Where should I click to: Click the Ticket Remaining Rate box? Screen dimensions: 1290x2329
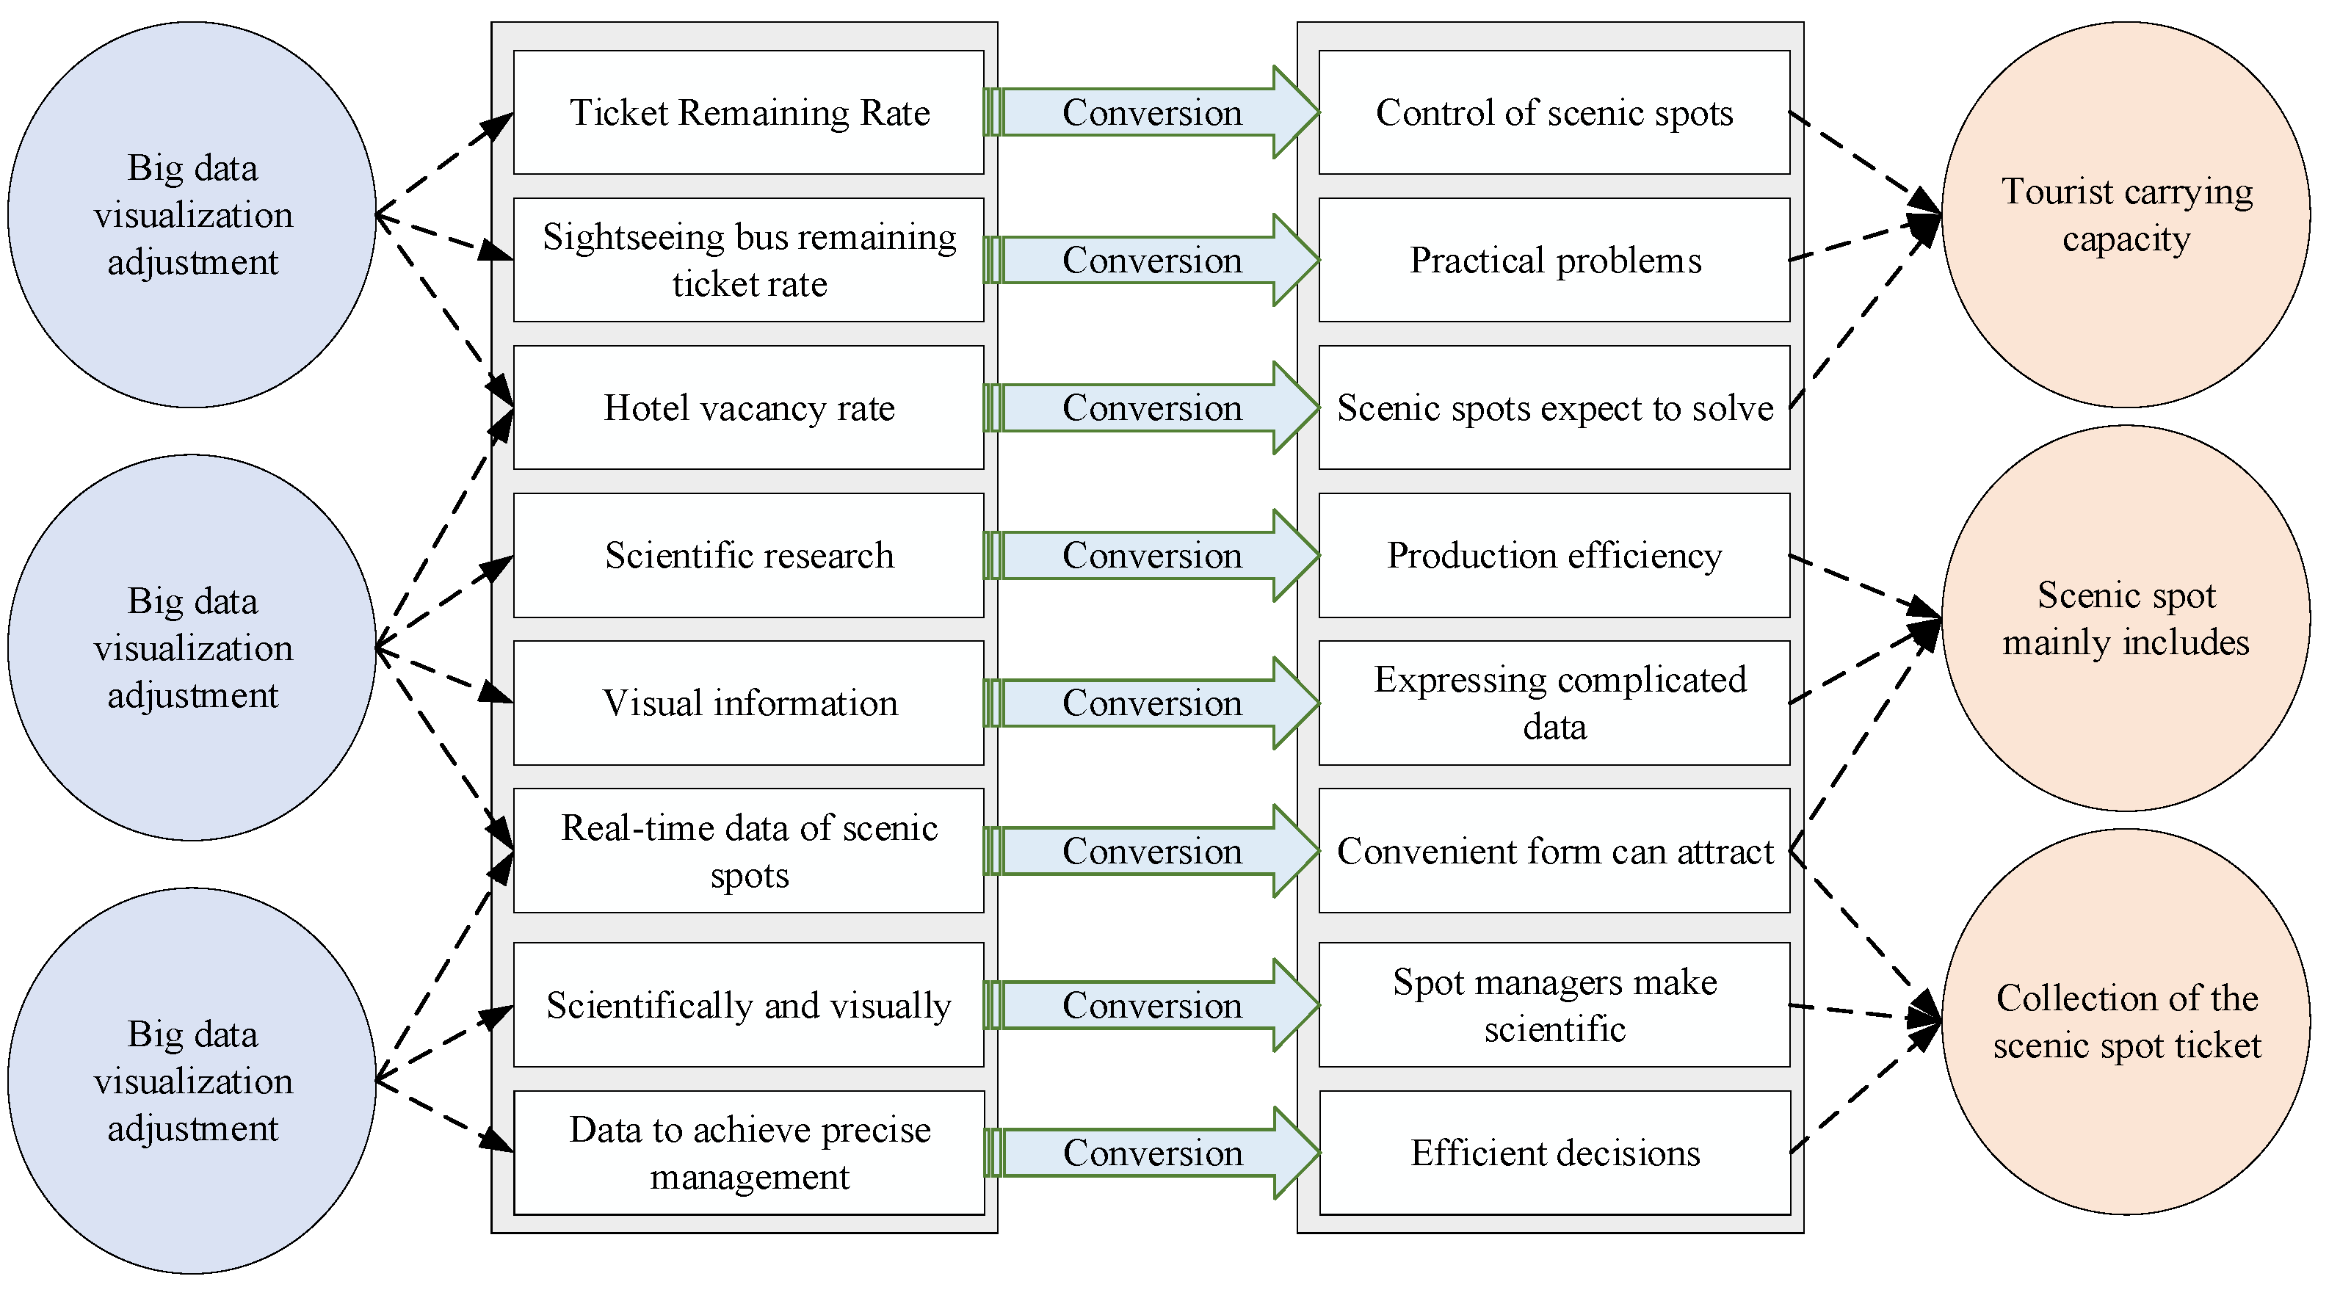click(749, 112)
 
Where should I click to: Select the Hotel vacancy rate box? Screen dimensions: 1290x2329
click(749, 407)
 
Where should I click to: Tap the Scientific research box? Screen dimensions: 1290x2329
click(749, 555)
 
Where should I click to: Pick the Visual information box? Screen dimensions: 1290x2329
click(749, 703)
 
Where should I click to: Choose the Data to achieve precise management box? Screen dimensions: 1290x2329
click(749, 1153)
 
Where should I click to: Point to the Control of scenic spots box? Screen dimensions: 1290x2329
click(1554, 112)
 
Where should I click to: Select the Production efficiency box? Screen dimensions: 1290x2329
click(1554, 555)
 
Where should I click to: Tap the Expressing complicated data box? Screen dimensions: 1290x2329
click(1554, 703)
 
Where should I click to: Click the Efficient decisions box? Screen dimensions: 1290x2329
click(1554, 1153)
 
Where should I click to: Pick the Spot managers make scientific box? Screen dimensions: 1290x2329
click(1554, 1005)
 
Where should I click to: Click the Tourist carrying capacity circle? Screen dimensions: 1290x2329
click(2126, 215)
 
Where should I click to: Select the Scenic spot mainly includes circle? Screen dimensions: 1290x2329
click(2126, 618)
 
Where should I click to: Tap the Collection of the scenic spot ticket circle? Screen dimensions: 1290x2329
click(2126, 1021)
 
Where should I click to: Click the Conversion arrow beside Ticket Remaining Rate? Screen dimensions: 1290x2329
click(1151, 112)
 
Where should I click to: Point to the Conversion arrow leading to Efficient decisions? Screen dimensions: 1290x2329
click(1151, 1153)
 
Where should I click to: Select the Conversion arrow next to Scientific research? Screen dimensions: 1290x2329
click(1151, 555)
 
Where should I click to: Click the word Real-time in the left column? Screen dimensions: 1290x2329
click(615, 828)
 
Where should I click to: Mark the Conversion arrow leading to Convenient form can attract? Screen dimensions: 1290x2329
click(1151, 851)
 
